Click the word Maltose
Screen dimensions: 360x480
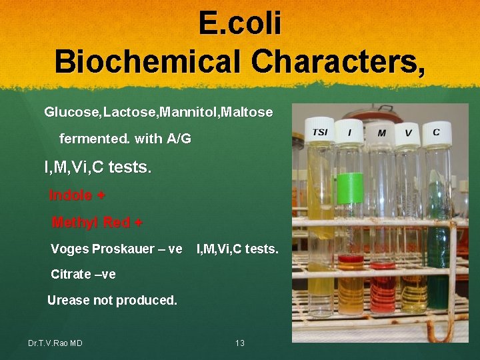coord(247,112)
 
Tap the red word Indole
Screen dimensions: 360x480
coord(71,195)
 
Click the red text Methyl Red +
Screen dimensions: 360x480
coord(97,222)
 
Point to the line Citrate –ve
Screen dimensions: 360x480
coord(83,274)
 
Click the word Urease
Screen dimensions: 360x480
coord(68,300)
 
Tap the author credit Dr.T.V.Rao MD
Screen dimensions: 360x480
coord(55,343)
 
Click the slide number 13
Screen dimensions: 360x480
coord(240,343)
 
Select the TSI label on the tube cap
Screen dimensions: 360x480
coord(320,132)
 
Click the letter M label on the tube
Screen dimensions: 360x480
coord(381,133)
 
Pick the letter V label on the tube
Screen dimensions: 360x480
coord(408,133)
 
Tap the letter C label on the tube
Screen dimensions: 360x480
coord(436,132)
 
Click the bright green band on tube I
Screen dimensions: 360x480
coord(350,189)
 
